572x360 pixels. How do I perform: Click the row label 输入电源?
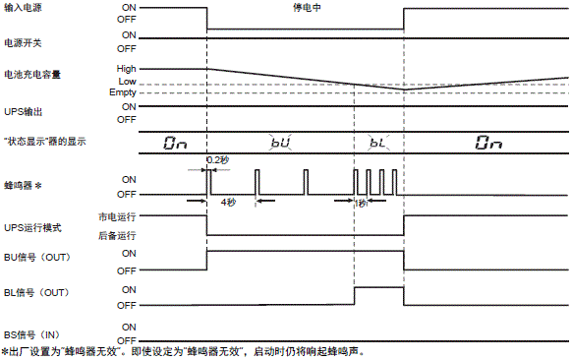26,7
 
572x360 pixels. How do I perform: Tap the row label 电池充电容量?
31,74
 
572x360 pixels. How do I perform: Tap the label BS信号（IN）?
33,334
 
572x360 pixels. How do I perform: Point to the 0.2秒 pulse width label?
217,159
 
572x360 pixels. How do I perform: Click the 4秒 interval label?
228,202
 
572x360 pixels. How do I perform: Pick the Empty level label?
124,91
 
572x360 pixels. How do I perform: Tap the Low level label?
128,80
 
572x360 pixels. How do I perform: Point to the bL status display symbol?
378,143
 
